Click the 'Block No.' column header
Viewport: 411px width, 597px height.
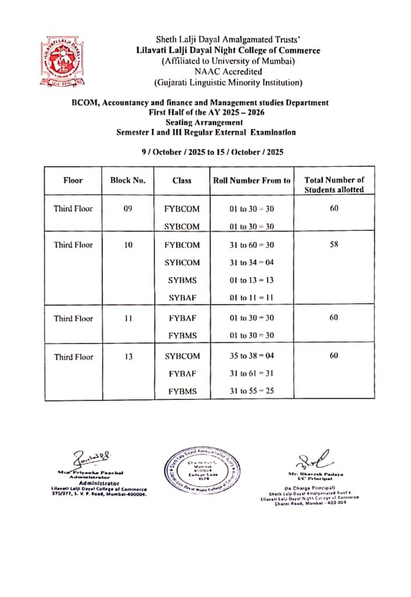point(128,181)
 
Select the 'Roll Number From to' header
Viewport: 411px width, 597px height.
point(251,181)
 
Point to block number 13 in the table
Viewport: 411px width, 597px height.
point(128,357)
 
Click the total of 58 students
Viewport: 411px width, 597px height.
point(334,245)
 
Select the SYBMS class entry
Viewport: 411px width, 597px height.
point(182,280)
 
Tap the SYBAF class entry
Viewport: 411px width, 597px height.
point(182,298)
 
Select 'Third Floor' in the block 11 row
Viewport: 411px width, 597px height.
point(73,319)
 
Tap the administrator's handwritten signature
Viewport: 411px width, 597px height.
point(89,456)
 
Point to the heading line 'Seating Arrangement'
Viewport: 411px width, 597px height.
point(206,122)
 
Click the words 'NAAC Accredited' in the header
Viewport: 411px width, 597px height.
point(227,72)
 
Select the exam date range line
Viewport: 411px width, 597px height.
point(213,152)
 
